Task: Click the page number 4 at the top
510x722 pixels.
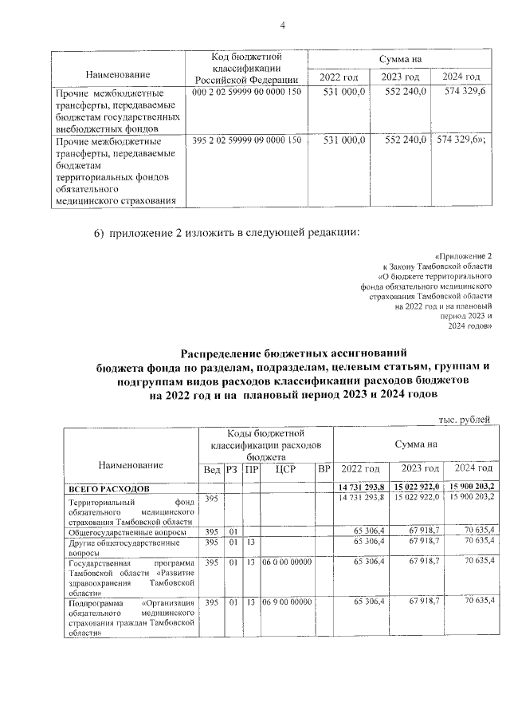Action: click(x=282, y=25)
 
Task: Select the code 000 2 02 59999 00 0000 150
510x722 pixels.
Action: click(x=247, y=93)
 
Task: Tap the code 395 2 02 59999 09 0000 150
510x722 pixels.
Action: click(x=247, y=140)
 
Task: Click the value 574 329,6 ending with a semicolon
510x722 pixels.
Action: click(x=465, y=140)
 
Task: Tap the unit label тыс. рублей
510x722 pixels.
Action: click(x=465, y=419)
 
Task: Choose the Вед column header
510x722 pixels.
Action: click(x=212, y=469)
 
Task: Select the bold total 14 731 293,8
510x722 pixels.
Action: click(x=361, y=487)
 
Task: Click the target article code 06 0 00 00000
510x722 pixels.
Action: click(x=286, y=562)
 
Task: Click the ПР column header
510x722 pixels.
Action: click(x=251, y=469)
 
